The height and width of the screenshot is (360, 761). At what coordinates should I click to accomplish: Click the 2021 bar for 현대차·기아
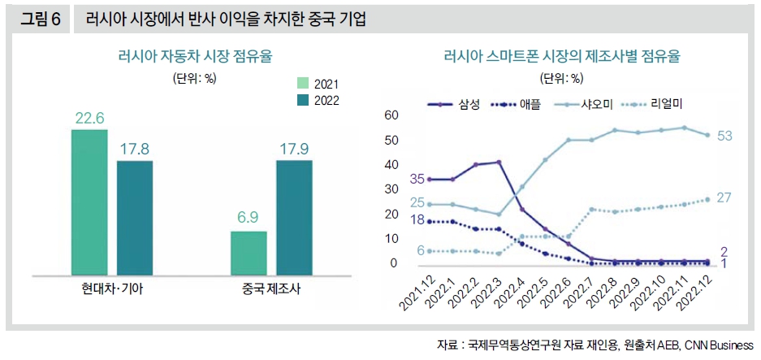(89, 202)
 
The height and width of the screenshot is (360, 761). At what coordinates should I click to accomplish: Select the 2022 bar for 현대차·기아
(135, 218)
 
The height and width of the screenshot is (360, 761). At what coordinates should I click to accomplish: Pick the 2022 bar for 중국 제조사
(294, 218)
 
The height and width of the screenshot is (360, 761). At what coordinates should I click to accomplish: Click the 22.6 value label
(89, 119)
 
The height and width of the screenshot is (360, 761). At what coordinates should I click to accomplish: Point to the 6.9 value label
(249, 219)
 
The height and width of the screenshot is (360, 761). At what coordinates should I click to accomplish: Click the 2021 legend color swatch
(302, 84)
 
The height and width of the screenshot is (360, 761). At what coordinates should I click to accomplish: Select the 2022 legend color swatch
(302, 100)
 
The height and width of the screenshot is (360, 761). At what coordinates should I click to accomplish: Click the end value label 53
(725, 136)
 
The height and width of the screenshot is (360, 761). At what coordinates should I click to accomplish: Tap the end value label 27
(725, 197)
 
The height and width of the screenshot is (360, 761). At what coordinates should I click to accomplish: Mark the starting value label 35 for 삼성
(417, 179)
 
